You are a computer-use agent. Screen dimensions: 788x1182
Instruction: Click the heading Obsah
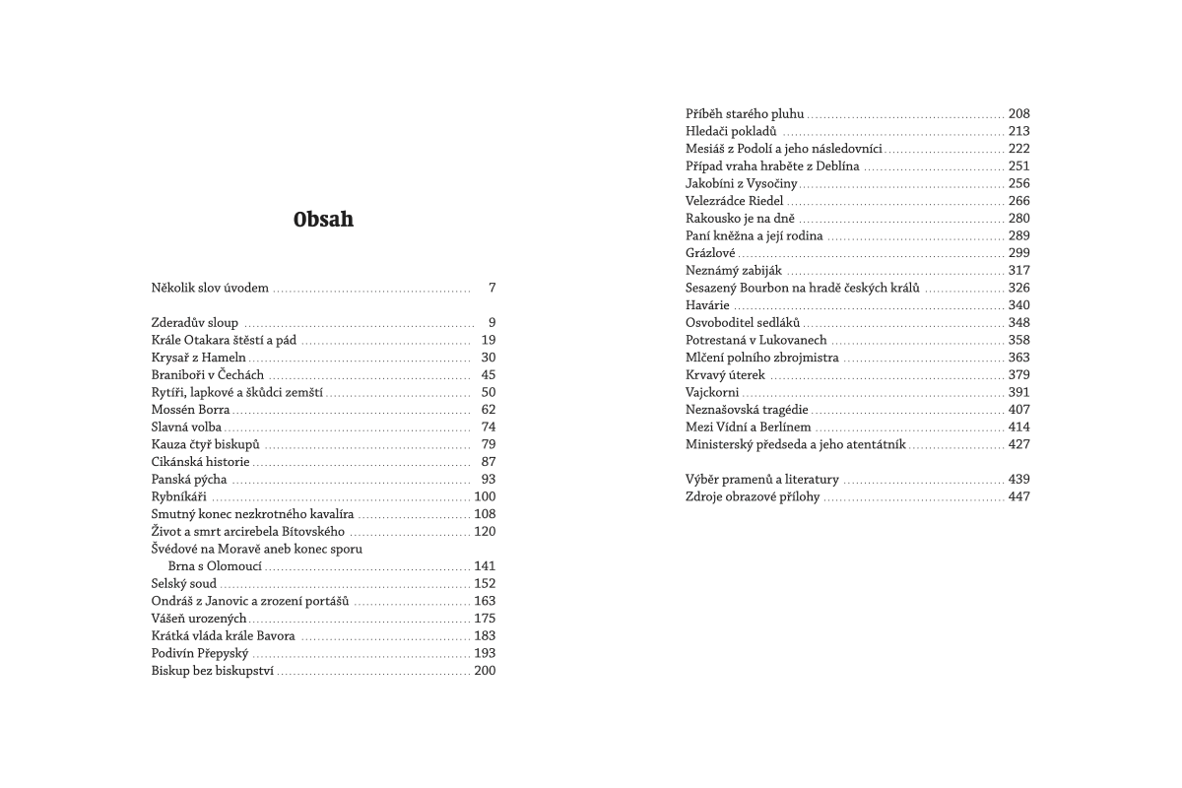click(x=322, y=220)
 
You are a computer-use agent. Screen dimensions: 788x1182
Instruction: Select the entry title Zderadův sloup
click(x=195, y=323)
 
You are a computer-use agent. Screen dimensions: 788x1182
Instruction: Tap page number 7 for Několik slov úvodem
click(x=492, y=289)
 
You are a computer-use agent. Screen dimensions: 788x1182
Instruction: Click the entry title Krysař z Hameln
click(x=199, y=358)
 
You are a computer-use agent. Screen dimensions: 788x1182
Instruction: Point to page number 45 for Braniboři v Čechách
click(x=489, y=375)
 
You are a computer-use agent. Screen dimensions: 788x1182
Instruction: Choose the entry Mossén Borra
click(x=191, y=410)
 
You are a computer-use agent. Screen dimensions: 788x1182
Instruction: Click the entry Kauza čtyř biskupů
click(x=205, y=444)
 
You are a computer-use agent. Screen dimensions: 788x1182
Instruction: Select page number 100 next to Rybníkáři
click(x=485, y=496)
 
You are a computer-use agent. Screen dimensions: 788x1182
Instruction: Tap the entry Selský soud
click(x=184, y=583)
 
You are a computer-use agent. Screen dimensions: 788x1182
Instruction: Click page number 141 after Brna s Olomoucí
click(x=485, y=566)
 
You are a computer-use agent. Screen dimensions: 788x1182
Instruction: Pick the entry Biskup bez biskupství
click(x=214, y=671)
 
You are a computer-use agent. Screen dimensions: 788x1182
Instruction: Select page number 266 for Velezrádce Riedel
click(x=1018, y=201)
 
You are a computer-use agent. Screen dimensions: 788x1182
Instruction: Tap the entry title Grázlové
click(x=710, y=253)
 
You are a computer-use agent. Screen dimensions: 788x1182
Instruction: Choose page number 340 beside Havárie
click(x=1018, y=305)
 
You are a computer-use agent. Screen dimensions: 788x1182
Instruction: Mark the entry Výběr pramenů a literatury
click(x=762, y=480)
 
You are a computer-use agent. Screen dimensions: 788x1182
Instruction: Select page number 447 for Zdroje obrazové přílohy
click(x=1018, y=496)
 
